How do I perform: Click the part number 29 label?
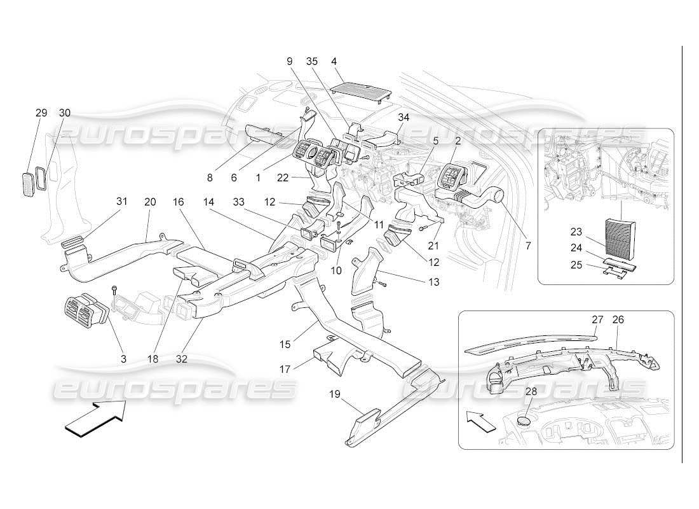[x=41, y=113]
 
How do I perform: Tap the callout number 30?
[x=65, y=113]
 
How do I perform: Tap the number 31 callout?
[x=122, y=201]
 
